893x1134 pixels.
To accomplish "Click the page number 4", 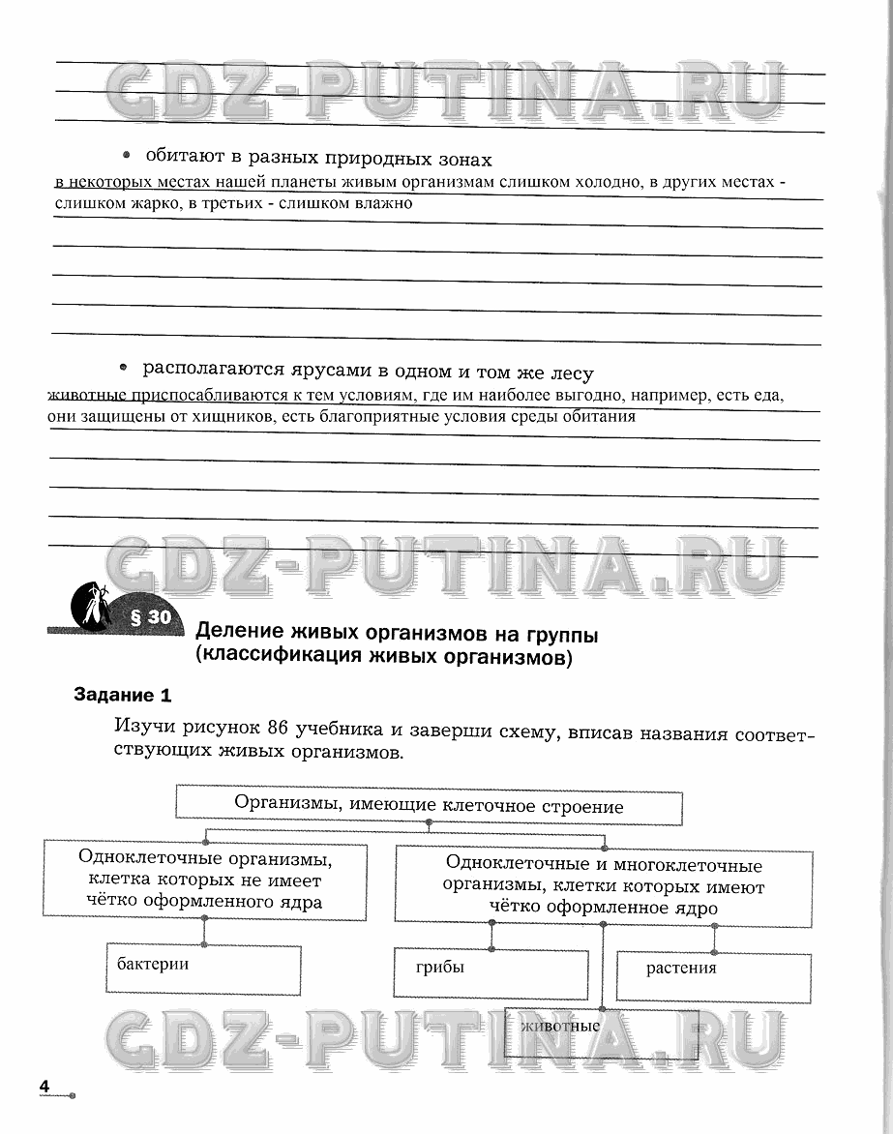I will click(x=45, y=1086).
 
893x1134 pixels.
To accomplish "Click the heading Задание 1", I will click(x=123, y=695).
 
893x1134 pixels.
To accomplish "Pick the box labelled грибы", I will click(x=491, y=973).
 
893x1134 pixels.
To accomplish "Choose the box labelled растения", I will click(x=714, y=974).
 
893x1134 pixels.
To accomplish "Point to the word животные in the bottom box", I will click(x=560, y=1027).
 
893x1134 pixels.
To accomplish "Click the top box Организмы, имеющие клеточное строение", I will click(x=429, y=806).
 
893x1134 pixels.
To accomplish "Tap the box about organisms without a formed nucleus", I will click(x=204, y=880).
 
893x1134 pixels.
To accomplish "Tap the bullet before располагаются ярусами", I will click(x=123, y=369).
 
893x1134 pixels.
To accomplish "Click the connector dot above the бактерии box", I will click(x=204, y=944).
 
